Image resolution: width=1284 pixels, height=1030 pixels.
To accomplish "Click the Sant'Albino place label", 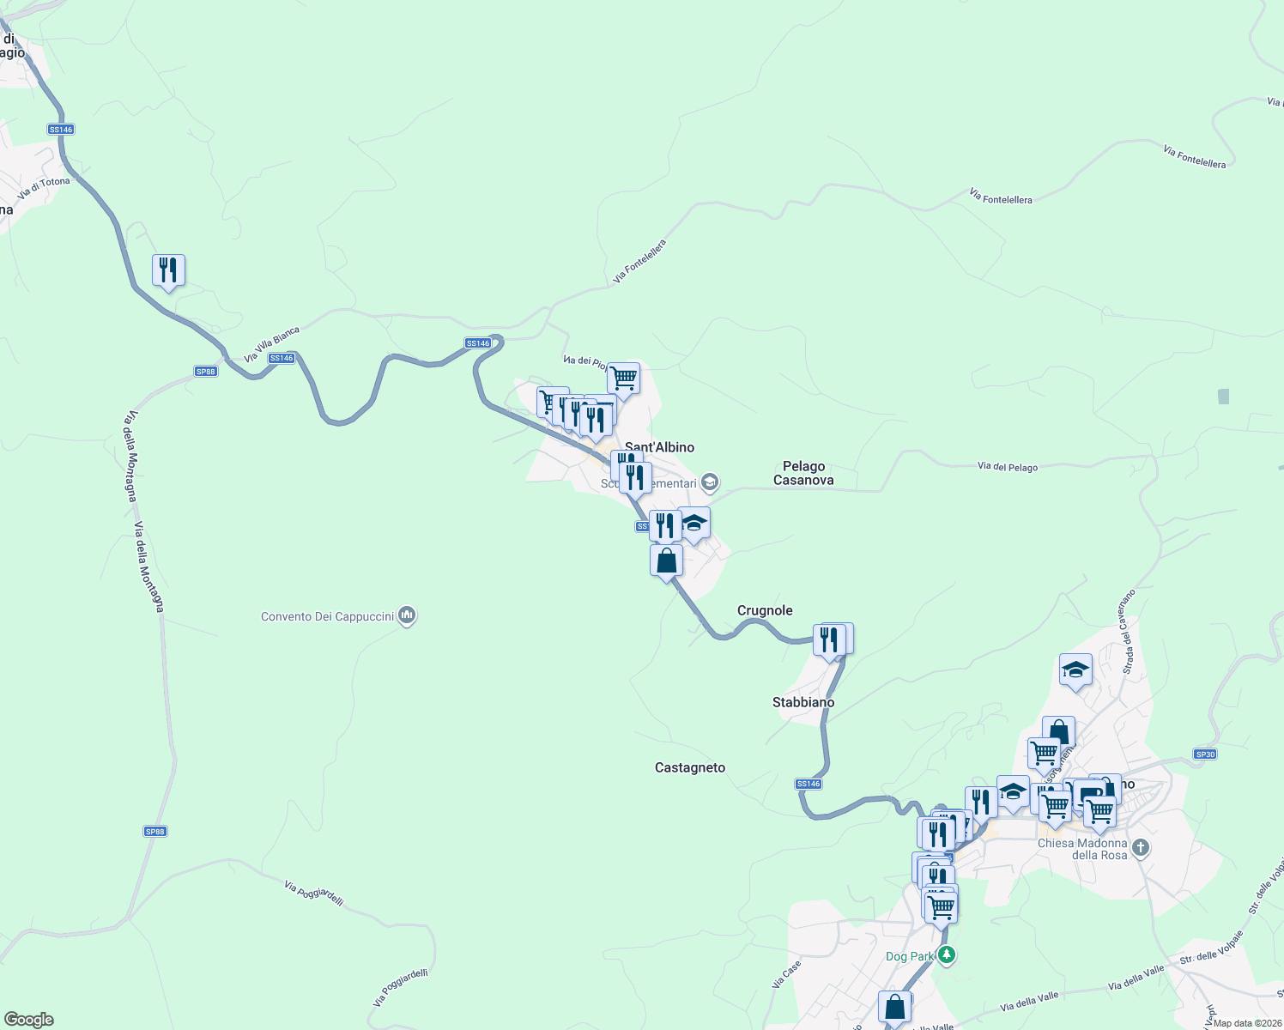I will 659,447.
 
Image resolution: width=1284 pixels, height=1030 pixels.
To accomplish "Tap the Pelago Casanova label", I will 803,473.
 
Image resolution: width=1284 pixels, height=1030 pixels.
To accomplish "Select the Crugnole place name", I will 765,610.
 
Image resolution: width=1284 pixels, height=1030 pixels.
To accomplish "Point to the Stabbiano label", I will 803,702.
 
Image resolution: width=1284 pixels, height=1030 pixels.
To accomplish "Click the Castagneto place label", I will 690,767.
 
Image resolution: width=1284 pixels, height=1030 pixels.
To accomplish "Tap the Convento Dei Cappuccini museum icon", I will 408,615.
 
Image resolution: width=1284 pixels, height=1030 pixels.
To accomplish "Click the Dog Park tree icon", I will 947,954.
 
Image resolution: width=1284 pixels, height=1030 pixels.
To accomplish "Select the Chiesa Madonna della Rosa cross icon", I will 1141,848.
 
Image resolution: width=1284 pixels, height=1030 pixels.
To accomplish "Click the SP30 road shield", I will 1205,754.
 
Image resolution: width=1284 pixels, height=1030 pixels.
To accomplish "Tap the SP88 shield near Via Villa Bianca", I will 205,372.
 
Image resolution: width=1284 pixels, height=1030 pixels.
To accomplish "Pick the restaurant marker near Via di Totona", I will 168,270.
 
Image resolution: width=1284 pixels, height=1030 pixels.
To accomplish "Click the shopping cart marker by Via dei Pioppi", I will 624,378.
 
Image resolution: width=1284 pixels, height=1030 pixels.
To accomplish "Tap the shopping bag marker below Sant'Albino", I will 666,561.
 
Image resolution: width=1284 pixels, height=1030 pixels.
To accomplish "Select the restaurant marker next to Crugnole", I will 829,639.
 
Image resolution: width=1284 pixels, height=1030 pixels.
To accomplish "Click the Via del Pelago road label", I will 1008,467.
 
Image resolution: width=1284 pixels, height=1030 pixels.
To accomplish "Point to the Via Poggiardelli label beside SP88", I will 314,893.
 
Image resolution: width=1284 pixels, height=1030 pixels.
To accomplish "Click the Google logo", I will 29,1020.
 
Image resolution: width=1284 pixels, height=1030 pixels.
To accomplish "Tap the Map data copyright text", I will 1245,1023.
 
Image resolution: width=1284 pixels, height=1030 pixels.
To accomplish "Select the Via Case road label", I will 786,973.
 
